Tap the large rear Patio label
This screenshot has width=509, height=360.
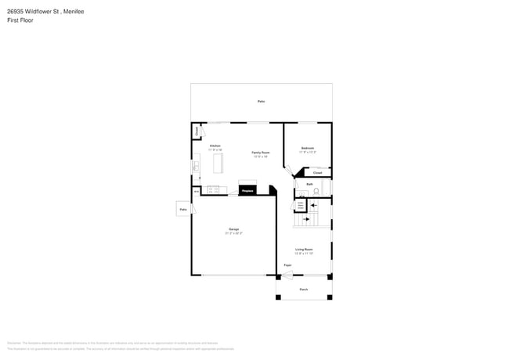(x=261, y=102)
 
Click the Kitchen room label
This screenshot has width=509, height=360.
(x=215, y=146)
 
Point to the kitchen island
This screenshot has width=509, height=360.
(x=218, y=164)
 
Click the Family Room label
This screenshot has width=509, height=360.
(x=261, y=153)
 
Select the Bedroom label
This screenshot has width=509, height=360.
(x=308, y=149)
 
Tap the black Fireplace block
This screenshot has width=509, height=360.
(x=247, y=190)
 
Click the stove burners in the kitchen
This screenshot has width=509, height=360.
(x=212, y=189)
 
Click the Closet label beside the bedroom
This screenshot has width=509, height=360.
(x=317, y=173)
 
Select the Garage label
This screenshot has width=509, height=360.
(x=234, y=230)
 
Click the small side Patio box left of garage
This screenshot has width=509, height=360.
(x=183, y=210)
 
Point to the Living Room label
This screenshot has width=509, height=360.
(x=304, y=250)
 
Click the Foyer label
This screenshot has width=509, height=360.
(x=287, y=266)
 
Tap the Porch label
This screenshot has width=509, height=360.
(x=304, y=290)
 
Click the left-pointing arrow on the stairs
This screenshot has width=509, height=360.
(x=312, y=206)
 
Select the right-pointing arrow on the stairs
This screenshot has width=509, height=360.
(x=306, y=220)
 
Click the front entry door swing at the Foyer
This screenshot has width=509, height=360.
(x=287, y=275)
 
